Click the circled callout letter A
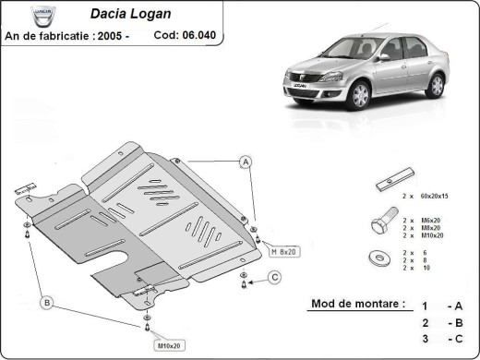[246, 162]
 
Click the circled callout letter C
[275, 277]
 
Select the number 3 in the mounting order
[424, 339]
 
